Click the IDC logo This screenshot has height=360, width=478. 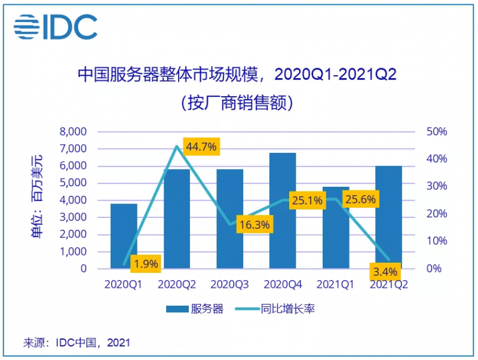point(56,27)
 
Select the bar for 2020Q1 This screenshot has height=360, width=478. point(124,236)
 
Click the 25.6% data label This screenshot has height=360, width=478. point(360,199)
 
